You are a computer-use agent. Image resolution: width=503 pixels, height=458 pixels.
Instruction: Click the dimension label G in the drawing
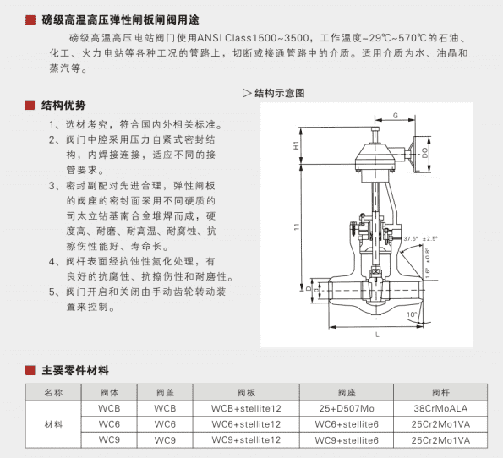[396, 114]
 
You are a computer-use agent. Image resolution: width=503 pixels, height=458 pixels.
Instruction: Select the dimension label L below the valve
[375, 335]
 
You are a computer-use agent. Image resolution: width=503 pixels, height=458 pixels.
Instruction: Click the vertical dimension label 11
[296, 228]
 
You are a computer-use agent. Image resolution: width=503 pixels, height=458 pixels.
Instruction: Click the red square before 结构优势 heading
[30, 106]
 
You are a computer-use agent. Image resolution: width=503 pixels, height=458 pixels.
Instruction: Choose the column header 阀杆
[440, 392]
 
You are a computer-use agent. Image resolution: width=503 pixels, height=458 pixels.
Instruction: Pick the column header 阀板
[245, 392]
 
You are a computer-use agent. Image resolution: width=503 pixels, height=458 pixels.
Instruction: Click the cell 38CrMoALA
[440, 407]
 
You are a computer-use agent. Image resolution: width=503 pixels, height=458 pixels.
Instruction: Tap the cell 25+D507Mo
[346, 407]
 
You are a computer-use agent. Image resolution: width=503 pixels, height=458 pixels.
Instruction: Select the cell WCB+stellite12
[245, 407]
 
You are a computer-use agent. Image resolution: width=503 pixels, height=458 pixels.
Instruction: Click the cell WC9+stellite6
[346, 439]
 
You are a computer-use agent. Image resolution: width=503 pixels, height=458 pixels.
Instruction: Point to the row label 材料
[53, 423]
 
